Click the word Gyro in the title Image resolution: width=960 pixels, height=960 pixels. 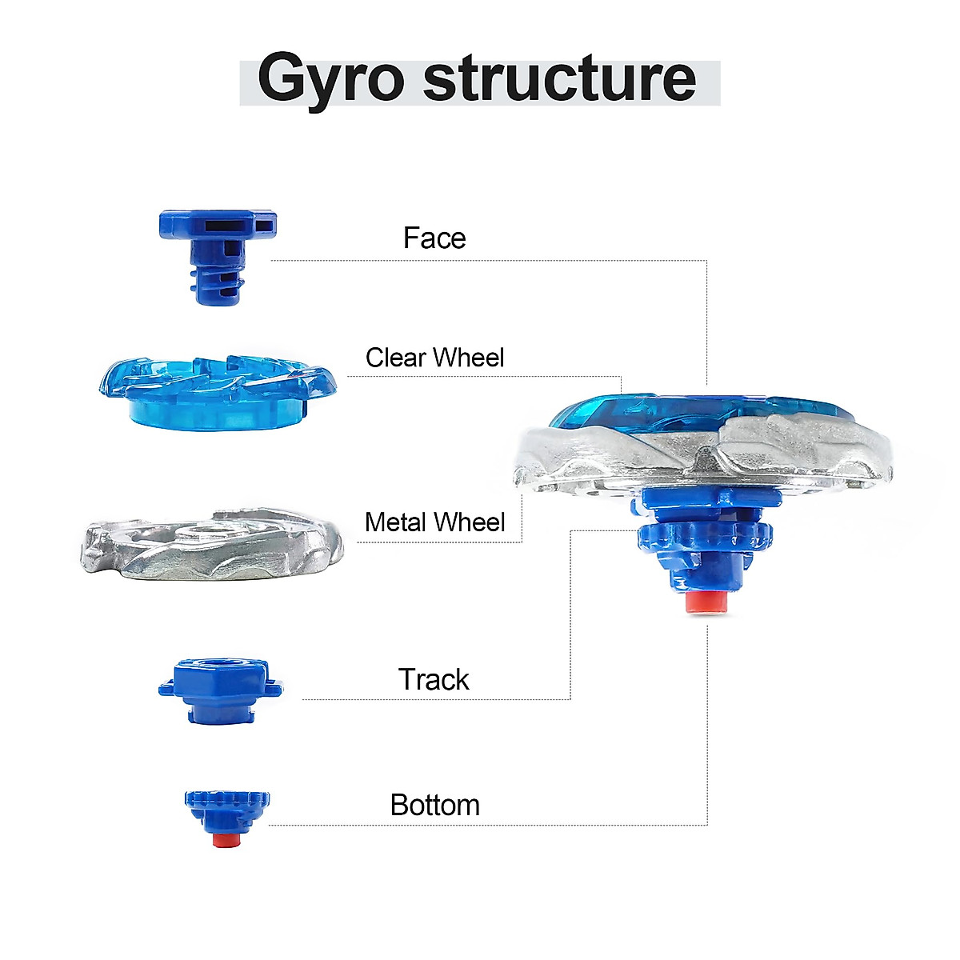coord(330,80)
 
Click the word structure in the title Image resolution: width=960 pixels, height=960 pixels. coord(559,78)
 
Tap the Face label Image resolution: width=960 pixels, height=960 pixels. coord(434,238)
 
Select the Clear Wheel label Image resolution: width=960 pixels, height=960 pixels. coord(434,358)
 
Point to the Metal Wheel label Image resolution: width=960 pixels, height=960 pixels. coord(434,522)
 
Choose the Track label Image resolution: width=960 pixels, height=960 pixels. coord(434,680)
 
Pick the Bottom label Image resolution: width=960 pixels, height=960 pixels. coord(434,805)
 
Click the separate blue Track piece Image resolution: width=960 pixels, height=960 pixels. coord(220,690)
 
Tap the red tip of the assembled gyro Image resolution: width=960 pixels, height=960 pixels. coord(707,603)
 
